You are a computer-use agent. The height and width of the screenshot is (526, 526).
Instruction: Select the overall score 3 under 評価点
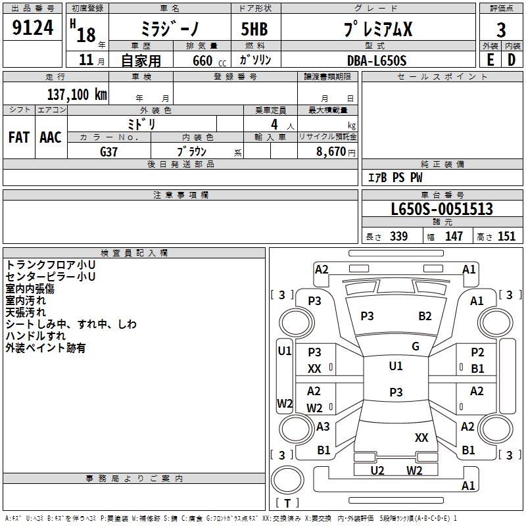point(501,30)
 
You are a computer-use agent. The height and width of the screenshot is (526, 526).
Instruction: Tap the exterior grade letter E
point(490,59)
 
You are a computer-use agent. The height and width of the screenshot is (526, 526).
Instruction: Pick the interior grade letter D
point(512,59)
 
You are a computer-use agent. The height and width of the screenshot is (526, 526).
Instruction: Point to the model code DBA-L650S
point(377,60)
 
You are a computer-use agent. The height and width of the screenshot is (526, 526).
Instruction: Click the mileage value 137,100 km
point(77,94)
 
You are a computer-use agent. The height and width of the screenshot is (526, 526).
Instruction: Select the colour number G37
point(109,151)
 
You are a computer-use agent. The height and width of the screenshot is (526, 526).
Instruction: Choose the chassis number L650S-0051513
point(441,209)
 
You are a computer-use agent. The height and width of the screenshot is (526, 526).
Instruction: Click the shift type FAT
point(18,137)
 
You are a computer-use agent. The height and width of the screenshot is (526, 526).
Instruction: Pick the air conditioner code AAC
point(50,137)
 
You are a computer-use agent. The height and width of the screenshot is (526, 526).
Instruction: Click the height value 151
point(506,236)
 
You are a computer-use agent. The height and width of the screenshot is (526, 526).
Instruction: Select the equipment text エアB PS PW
point(394,178)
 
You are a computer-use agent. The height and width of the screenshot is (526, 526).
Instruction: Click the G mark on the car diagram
point(415,347)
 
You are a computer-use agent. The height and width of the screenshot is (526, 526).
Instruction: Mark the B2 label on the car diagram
point(425,316)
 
